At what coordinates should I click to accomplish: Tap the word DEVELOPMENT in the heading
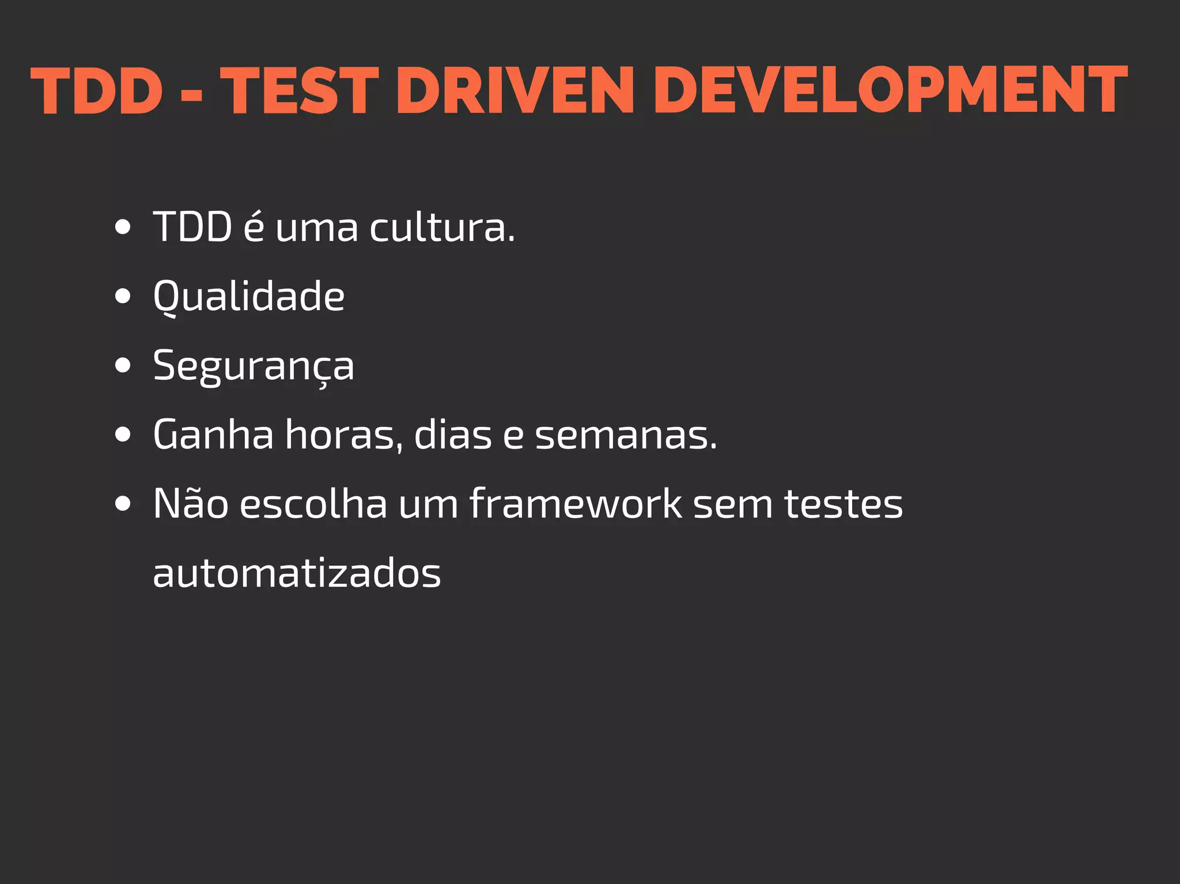pyautogui.click(x=890, y=90)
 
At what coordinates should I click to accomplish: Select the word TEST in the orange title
pyautogui.click(x=300, y=90)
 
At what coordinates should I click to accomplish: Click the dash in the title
pyautogui.click(x=191, y=93)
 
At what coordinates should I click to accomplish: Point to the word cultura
pyautogui.click(x=442, y=227)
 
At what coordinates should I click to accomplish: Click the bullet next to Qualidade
pyautogui.click(x=123, y=296)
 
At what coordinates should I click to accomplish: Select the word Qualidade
pyautogui.click(x=249, y=296)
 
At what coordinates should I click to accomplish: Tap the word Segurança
pyautogui.click(x=254, y=365)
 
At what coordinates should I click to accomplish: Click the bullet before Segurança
pyautogui.click(x=123, y=365)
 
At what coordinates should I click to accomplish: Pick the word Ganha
pyautogui.click(x=213, y=435)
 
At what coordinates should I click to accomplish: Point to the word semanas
pyautogui.click(x=626, y=435)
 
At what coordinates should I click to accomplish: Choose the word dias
pyautogui.click(x=453, y=435)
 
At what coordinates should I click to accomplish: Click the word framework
pyautogui.click(x=576, y=504)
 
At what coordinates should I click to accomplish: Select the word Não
pyautogui.click(x=191, y=504)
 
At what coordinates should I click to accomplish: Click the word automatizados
pyautogui.click(x=297, y=573)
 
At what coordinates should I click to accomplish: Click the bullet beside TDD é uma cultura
pyautogui.click(x=123, y=227)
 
